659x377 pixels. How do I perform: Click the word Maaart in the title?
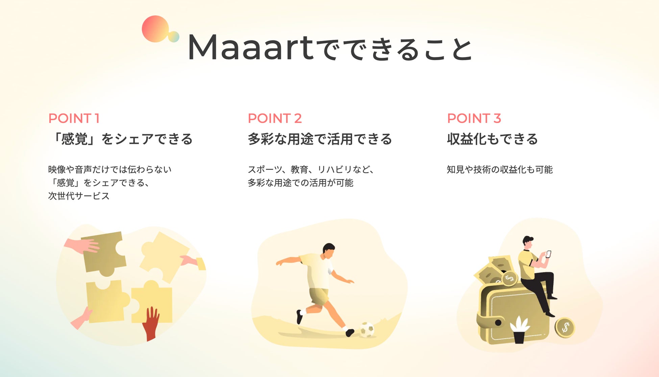251,47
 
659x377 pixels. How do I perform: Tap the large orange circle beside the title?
155,29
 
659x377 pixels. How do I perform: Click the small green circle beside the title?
174,36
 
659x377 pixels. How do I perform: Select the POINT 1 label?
74,118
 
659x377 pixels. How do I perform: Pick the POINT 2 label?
274,118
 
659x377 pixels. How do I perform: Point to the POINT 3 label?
474,118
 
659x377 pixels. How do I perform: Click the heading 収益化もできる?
492,139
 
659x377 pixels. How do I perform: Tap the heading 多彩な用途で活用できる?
320,139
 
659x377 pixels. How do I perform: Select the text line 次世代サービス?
79,196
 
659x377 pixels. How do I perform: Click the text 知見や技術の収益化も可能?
499,169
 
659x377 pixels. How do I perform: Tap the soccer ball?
367,329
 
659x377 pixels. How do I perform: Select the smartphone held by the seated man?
548,254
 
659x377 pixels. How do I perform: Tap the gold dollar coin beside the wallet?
565,327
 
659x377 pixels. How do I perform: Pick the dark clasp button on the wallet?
498,323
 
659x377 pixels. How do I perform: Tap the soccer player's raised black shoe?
299,317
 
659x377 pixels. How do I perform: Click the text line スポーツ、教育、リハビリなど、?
311,169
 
